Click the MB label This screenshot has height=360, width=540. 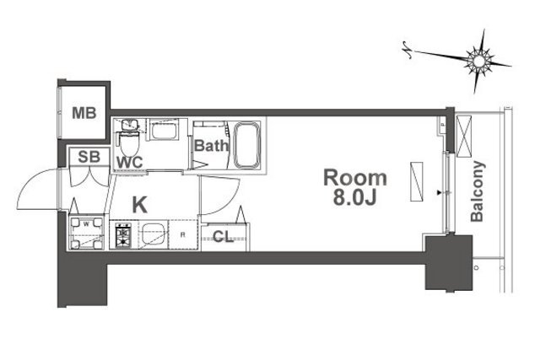tap(84, 113)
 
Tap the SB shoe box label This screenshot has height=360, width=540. tap(89, 157)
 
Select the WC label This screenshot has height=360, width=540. tap(129, 163)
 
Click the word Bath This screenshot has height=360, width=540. tap(211, 146)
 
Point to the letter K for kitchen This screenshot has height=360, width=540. tap(140, 205)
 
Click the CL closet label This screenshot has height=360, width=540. tap(223, 237)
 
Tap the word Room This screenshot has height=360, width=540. tap(355, 178)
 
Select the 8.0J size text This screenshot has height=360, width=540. tap(354, 197)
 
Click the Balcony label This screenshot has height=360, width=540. tap(478, 191)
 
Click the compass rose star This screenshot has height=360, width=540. tap(478, 62)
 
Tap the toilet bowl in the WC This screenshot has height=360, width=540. tap(129, 144)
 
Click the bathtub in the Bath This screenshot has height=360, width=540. tap(247, 146)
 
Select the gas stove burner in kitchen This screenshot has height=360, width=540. tap(123, 235)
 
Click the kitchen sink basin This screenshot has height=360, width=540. tap(153, 234)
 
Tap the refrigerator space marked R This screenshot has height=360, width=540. tap(183, 234)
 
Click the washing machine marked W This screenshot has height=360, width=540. tap(86, 232)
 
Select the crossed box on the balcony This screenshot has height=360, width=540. tap(463, 137)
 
